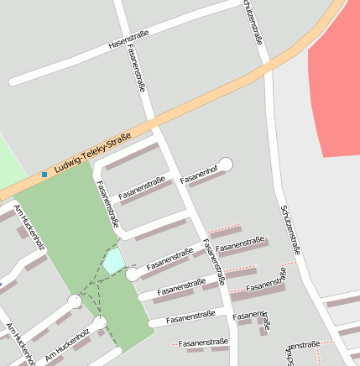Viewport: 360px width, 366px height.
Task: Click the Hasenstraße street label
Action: click(128, 39)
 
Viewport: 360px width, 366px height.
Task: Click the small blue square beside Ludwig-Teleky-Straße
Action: click(44, 175)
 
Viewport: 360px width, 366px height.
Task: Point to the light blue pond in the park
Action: click(112, 261)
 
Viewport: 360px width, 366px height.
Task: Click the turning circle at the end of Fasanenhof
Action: click(225, 165)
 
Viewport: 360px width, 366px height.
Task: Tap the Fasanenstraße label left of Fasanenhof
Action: click(142, 189)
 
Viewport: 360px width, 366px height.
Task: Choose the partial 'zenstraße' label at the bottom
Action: click(303, 345)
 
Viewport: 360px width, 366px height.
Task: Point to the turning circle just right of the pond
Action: click(133, 274)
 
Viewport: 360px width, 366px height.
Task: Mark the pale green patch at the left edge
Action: click(10, 164)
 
